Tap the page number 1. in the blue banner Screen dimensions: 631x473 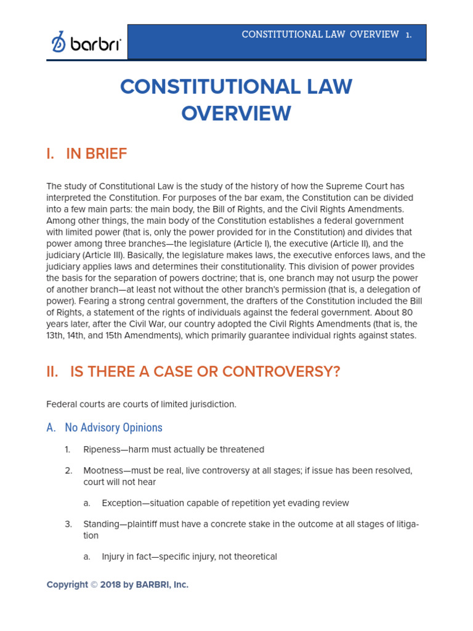pos(408,35)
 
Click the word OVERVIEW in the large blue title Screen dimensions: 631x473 pos(236,113)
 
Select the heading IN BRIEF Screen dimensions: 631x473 pos(96,154)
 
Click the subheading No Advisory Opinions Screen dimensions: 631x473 pos(113,427)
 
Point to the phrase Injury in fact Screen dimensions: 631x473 pos(126,556)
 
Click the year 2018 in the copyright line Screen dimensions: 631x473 pos(110,585)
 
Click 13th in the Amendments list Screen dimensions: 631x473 pos(55,336)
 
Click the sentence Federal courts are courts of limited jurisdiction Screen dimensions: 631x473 pos(141,404)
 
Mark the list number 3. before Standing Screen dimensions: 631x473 pos(68,524)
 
